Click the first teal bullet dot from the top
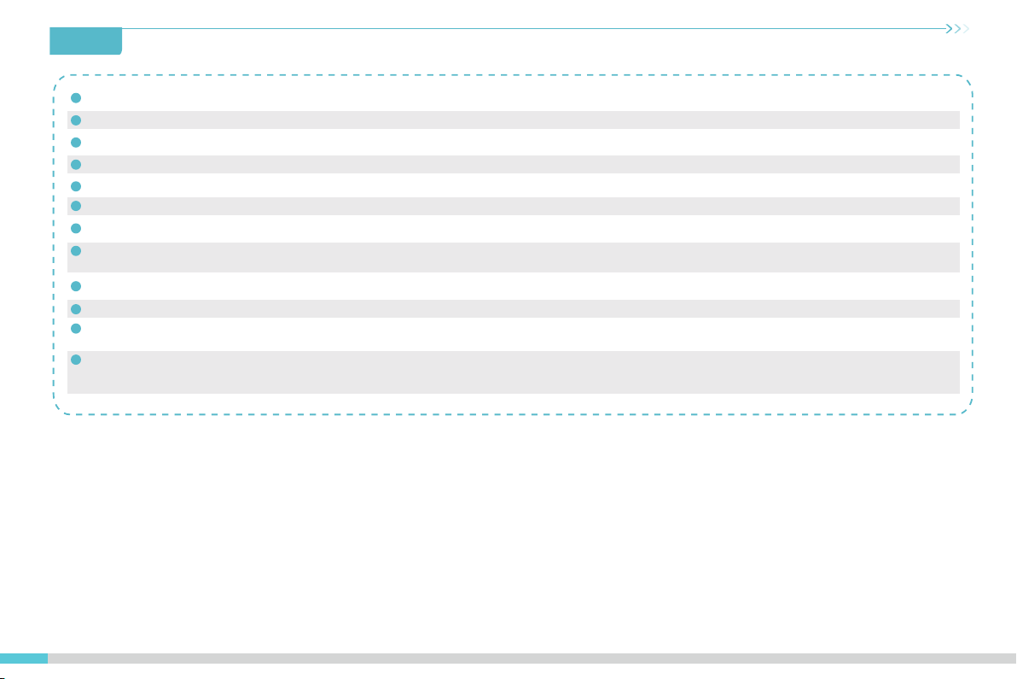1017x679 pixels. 76,97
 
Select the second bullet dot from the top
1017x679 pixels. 76,120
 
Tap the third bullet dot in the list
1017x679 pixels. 76,142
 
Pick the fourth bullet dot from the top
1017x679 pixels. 76,164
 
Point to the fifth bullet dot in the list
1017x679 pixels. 76,185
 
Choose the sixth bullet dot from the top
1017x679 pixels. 76,206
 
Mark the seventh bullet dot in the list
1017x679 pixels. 76,228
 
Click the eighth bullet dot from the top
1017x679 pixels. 76,251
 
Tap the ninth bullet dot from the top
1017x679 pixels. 76,286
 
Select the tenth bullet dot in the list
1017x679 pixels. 76,308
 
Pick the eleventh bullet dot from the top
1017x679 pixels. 76,328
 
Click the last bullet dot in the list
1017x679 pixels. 76,360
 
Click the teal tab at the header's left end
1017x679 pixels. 86,40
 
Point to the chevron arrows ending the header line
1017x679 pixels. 960,29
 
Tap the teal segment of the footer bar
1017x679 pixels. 24,659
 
